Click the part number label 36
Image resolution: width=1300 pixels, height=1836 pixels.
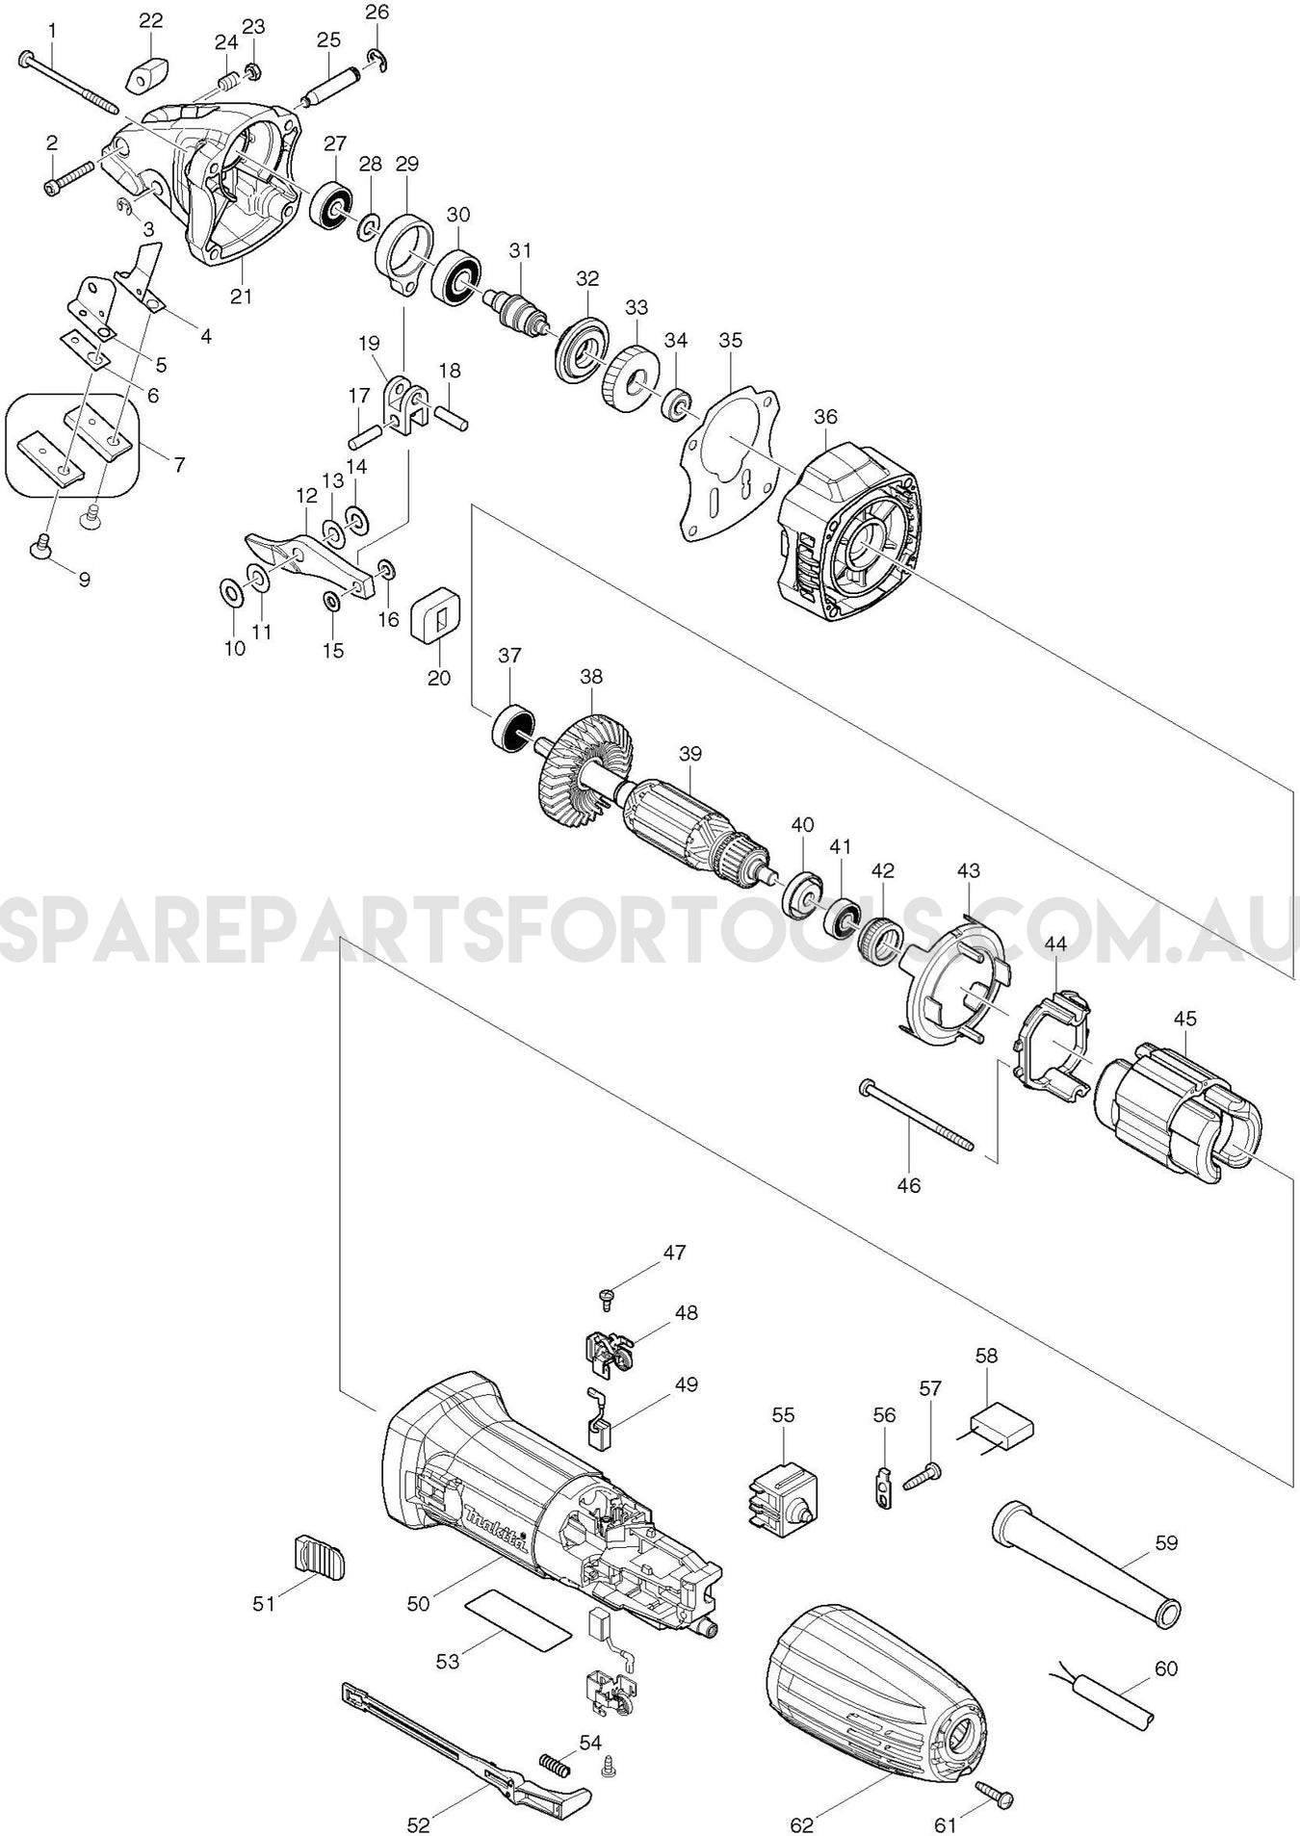tap(825, 417)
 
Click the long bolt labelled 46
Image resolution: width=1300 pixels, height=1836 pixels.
tap(915, 1116)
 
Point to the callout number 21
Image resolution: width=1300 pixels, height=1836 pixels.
tap(241, 296)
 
